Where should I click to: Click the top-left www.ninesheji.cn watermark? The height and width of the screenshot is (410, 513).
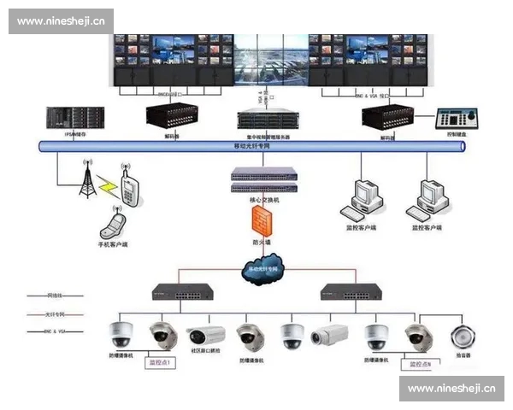tap(61, 21)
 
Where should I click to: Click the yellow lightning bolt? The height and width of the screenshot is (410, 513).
tap(109, 184)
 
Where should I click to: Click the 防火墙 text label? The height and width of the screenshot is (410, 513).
tap(262, 243)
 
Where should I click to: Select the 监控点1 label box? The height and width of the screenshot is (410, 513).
tap(160, 363)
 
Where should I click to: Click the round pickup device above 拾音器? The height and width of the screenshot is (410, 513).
tap(465, 334)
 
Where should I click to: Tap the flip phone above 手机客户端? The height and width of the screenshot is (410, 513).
tap(112, 225)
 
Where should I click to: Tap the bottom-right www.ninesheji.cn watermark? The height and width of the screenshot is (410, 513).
tap(451, 388)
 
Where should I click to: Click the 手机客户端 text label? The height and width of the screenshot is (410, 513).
tap(112, 245)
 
